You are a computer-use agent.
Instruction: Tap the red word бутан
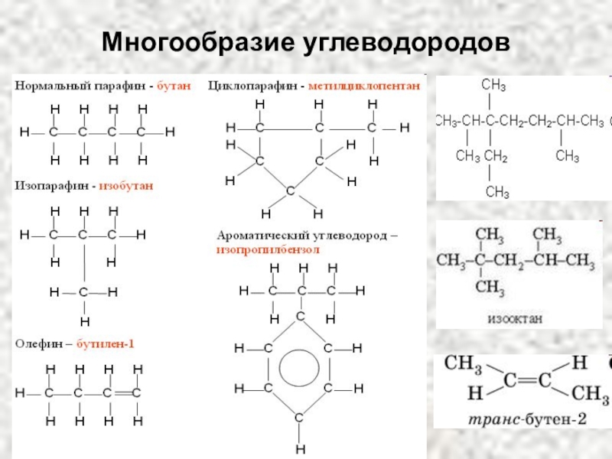click(174, 86)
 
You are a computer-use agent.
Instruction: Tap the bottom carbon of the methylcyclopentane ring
click(290, 190)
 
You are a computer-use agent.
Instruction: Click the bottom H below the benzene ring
click(301, 448)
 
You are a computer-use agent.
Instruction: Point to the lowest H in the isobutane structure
click(84, 321)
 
